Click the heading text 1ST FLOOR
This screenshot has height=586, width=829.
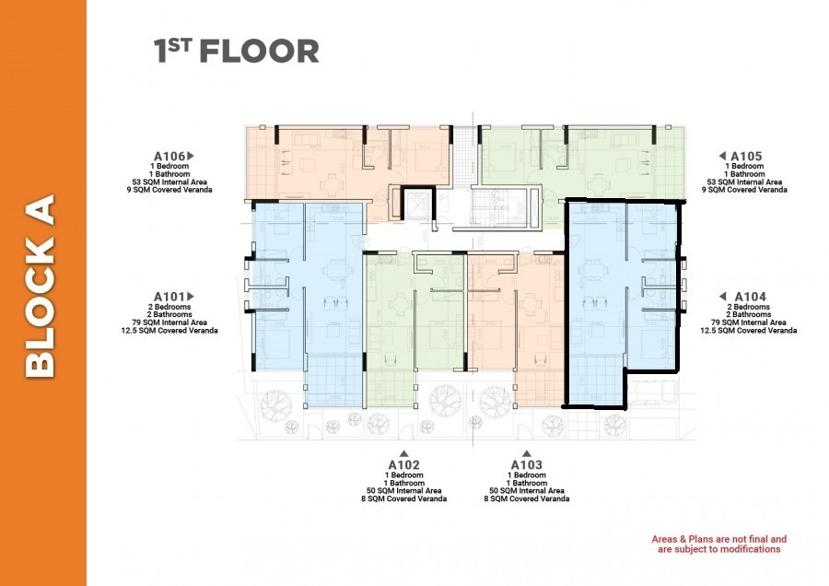(237, 52)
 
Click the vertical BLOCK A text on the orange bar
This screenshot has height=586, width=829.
(42, 286)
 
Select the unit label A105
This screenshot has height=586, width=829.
(748, 157)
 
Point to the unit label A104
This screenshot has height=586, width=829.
(748, 297)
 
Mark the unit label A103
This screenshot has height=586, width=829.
(526, 465)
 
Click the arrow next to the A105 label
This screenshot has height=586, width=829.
(723, 156)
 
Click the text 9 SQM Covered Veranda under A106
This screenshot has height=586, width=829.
(173, 190)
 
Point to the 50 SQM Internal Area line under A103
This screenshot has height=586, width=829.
(526, 491)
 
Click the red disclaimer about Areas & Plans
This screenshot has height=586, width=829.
(718, 544)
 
